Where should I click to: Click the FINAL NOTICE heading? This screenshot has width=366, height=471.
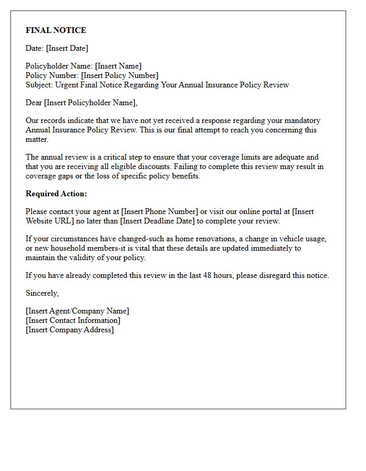pos(56,30)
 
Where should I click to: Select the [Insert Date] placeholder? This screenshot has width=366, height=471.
pos(67,48)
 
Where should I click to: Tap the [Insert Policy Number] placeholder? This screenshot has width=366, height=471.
pos(120,75)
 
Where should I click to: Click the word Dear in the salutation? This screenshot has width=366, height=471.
pos(34,103)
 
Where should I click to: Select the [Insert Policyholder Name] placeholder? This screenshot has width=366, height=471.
pos(91,103)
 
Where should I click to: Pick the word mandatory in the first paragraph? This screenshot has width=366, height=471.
pos(302,121)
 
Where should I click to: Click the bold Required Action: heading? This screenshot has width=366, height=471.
pos(56,194)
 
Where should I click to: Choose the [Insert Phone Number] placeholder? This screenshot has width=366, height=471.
pos(160,211)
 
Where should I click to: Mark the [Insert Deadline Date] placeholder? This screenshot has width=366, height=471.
pos(157,221)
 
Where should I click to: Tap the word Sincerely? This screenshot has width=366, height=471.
pos(42,293)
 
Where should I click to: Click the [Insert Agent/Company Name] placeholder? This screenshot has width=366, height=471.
pos(77,311)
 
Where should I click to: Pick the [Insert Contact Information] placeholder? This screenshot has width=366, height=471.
pos(73,320)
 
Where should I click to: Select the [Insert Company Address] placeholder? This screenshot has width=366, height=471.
pos(70,330)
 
